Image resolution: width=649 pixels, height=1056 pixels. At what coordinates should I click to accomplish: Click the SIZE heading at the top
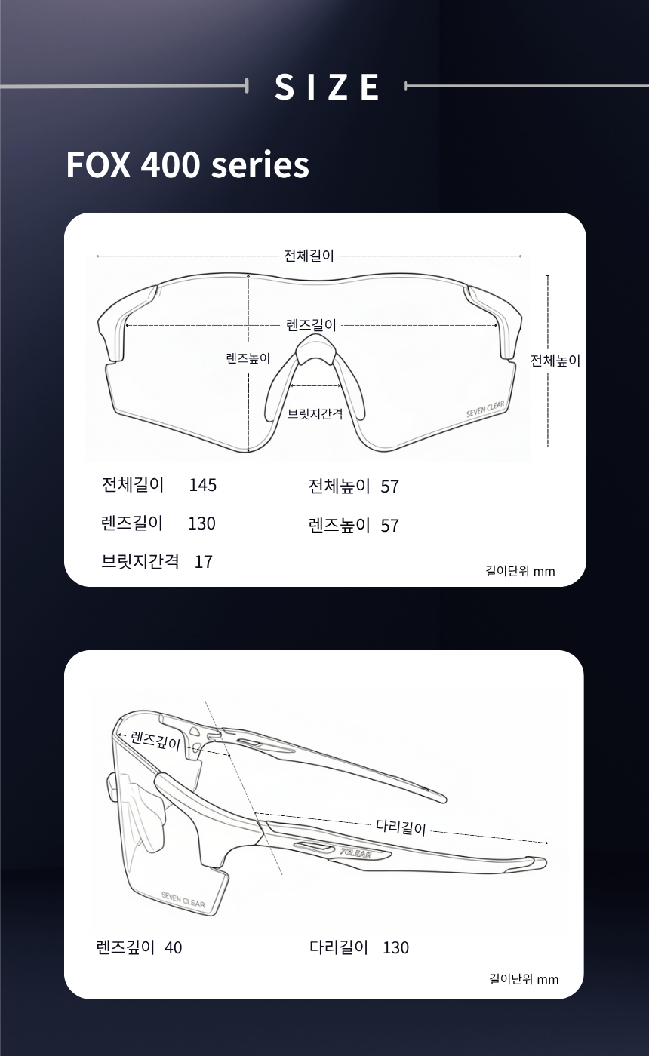click(327, 86)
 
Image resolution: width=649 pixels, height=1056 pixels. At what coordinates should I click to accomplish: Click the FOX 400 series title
click(188, 165)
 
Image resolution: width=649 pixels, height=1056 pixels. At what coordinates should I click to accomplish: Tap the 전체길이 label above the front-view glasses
click(309, 256)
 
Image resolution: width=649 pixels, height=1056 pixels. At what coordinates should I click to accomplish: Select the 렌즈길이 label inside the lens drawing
click(311, 325)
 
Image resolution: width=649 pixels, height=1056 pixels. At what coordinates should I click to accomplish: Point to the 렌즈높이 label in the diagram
click(248, 358)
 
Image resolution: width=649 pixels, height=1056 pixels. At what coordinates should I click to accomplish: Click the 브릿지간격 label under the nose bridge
click(315, 414)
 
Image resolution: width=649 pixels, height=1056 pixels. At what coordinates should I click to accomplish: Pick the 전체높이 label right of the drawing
click(555, 361)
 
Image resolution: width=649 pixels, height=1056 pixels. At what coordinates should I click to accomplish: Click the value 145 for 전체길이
click(203, 485)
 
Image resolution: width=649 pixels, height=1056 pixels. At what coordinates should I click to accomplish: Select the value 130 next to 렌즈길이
click(202, 523)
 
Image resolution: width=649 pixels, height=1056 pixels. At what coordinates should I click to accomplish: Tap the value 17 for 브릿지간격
click(204, 562)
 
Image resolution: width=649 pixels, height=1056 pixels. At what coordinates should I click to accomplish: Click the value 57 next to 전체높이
click(389, 487)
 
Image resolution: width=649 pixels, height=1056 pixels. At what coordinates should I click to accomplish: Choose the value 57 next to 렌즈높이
click(389, 526)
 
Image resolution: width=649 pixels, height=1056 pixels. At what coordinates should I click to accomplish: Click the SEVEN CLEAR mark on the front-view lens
click(485, 409)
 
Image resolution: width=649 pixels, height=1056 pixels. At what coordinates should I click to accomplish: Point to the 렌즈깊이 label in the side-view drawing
click(155, 741)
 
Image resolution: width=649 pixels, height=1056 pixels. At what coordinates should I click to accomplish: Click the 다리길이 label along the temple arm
click(401, 827)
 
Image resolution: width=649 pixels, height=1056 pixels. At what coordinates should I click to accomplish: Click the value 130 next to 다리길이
click(395, 947)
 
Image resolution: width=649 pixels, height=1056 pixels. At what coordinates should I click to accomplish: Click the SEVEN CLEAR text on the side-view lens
click(183, 900)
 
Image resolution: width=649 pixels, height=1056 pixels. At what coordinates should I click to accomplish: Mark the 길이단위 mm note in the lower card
click(524, 979)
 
